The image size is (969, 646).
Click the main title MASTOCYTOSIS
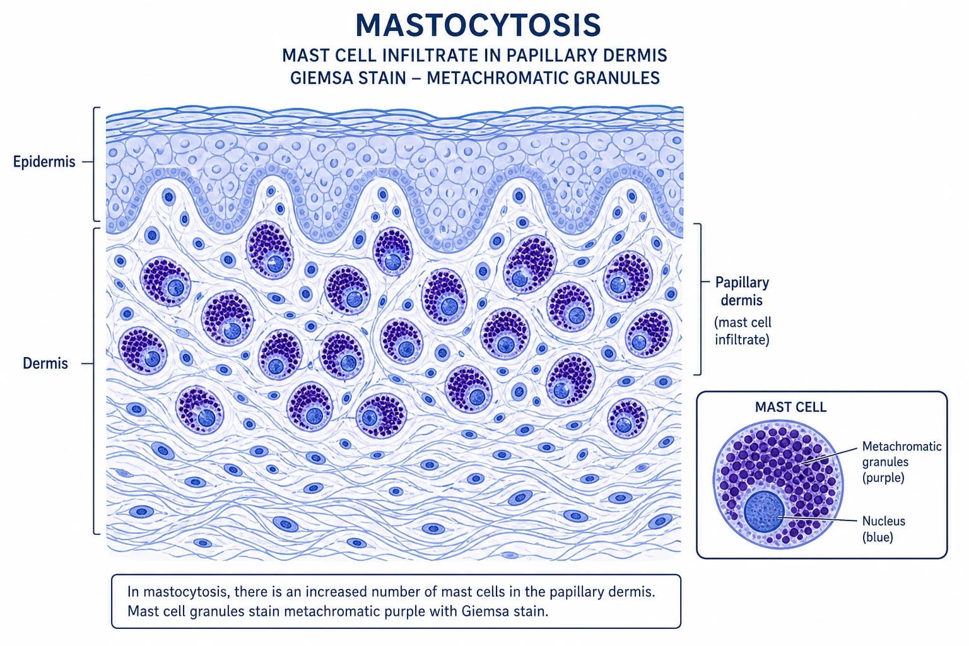tap(478, 25)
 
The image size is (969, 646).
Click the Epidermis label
tap(44, 162)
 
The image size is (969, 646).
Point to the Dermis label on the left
tap(45, 363)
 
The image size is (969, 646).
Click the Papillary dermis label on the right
tap(742, 291)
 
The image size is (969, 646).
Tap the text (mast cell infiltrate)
tap(743, 331)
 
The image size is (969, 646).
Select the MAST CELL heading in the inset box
tap(790, 407)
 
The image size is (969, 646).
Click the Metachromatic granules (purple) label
tap(901, 462)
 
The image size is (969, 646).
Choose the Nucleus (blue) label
tap(883, 529)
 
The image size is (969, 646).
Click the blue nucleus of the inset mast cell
tap(764, 512)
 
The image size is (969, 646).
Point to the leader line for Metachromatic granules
tap(828, 456)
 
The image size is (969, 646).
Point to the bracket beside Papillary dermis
tap(700, 299)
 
